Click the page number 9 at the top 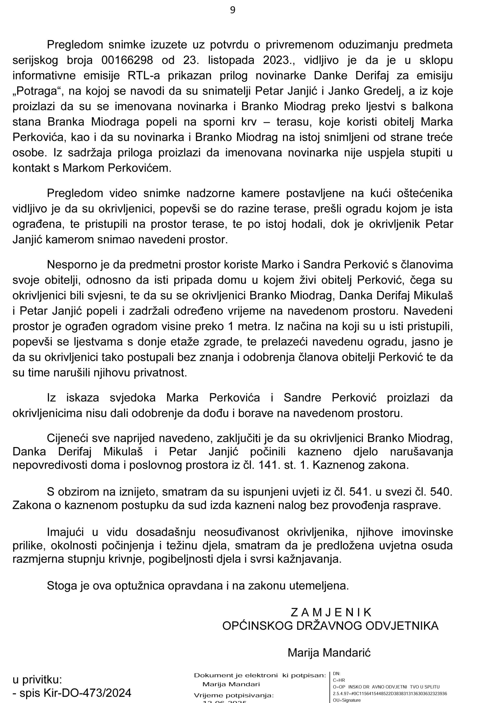click(233, 10)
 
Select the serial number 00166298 click(127, 60)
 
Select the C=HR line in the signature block click(339, 680)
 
